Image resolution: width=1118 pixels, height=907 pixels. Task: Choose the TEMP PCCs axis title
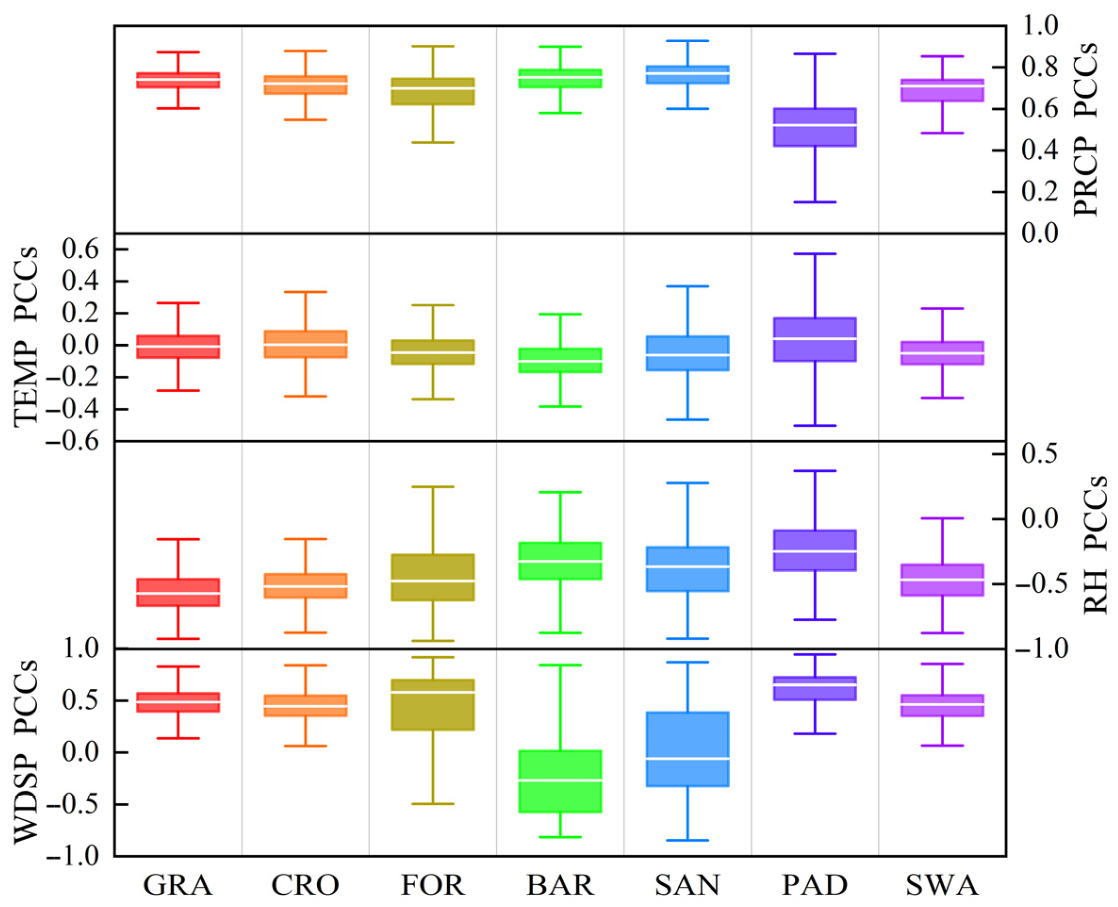coord(26,337)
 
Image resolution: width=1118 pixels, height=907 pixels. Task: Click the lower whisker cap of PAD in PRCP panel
coord(814,202)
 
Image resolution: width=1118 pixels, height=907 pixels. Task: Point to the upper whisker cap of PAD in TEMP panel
coord(814,254)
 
